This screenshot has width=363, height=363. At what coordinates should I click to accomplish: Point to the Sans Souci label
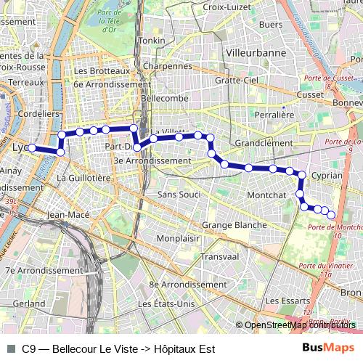click(x=179, y=195)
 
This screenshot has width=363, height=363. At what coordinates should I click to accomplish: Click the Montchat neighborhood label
click(x=266, y=195)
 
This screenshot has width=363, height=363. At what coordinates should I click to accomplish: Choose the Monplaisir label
click(x=179, y=238)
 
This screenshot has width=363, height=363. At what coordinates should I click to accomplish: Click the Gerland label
click(x=29, y=303)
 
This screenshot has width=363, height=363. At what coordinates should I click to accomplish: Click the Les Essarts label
click(x=283, y=300)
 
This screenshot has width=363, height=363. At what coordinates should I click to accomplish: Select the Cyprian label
click(x=326, y=176)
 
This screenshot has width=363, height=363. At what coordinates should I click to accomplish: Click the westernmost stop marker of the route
click(x=32, y=148)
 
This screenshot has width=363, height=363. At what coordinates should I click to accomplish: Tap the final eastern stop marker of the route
click(x=332, y=214)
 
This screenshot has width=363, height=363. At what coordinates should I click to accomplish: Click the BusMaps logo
click(x=329, y=348)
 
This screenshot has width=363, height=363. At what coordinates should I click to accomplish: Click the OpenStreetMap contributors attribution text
click(x=300, y=325)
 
